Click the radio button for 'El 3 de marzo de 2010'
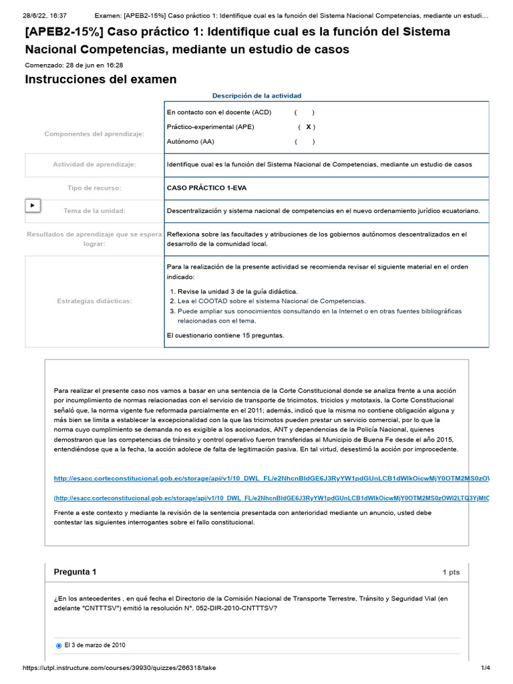(59, 645)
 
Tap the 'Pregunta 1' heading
(75, 572)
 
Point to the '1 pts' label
(451, 572)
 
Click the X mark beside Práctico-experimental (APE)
(307, 127)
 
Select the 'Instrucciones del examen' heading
(101, 79)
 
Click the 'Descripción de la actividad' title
(256, 96)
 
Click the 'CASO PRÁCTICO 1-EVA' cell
(206, 188)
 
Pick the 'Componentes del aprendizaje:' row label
(94, 134)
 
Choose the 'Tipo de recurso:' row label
(94, 188)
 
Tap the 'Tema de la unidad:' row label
(94, 211)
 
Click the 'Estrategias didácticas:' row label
(94, 301)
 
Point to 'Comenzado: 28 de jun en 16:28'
(73, 65)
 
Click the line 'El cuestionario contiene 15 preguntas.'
(225, 335)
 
